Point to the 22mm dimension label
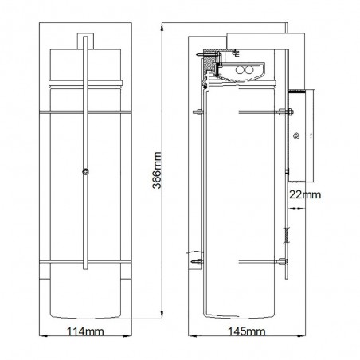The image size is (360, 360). [306, 194]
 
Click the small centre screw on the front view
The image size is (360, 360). [85, 169]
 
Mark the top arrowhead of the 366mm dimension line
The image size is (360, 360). [162, 24]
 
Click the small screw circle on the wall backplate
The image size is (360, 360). [299, 135]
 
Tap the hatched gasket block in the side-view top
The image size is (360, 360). [209, 61]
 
